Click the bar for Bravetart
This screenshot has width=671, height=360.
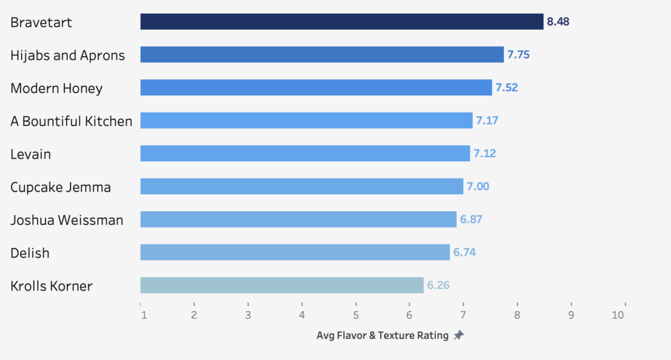click(x=341, y=22)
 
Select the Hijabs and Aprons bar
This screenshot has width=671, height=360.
click(x=322, y=54)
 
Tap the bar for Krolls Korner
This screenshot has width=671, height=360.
click(x=282, y=285)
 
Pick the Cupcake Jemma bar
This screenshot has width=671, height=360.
click(x=301, y=186)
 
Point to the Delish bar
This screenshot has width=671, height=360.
click(x=295, y=252)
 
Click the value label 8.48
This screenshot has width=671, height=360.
click(x=558, y=22)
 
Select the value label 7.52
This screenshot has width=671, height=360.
click(x=507, y=88)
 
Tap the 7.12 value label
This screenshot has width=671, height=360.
click(x=485, y=153)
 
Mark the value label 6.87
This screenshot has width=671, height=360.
click(x=471, y=220)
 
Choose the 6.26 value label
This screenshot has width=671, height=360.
click(x=438, y=285)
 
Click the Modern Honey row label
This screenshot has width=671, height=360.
click(x=56, y=89)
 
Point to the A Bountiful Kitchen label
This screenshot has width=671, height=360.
click(x=71, y=121)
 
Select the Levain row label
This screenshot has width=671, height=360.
click(x=31, y=155)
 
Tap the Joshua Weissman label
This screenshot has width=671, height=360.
click(x=67, y=220)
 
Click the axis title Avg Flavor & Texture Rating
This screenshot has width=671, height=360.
click(x=383, y=336)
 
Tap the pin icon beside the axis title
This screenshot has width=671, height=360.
click(x=459, y=335)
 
